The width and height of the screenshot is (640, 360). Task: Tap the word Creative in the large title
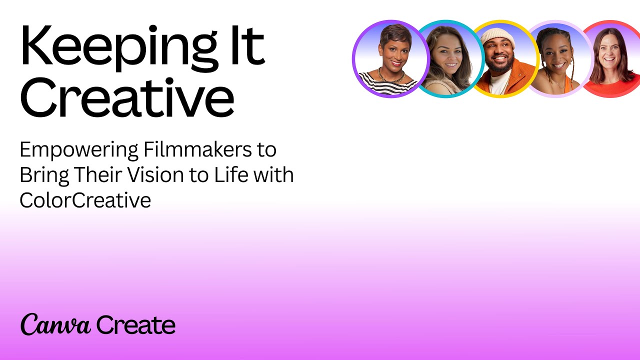[127, 97]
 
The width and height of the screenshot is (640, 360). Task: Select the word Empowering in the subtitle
[79, 150]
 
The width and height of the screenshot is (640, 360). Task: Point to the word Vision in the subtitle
[155, 174]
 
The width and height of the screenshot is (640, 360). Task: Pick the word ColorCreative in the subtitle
[85, 200]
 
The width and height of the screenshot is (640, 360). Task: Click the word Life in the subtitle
[231, 174]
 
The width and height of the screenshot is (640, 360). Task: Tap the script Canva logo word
[55, 324]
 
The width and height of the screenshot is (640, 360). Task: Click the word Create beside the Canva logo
[135, 325]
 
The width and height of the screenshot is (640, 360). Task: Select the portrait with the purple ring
[391, 59]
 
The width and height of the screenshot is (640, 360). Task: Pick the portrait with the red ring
[611, 59]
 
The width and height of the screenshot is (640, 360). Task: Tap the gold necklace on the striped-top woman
[391, 76]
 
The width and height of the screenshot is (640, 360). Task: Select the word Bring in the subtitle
[44, 175]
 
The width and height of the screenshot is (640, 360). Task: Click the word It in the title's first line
[247, 45]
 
